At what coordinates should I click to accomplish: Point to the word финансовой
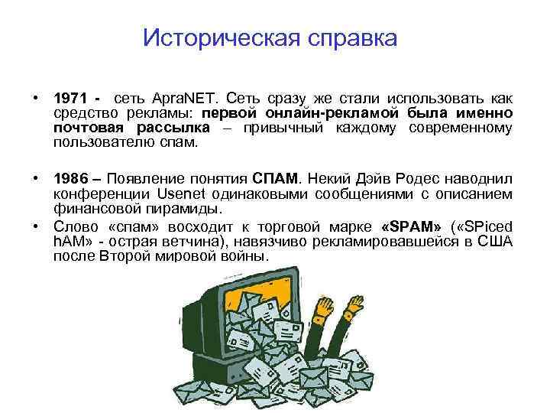92,208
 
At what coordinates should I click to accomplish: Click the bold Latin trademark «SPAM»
409,227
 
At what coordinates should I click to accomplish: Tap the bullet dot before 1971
36,99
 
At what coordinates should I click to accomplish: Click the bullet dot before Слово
36,227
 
